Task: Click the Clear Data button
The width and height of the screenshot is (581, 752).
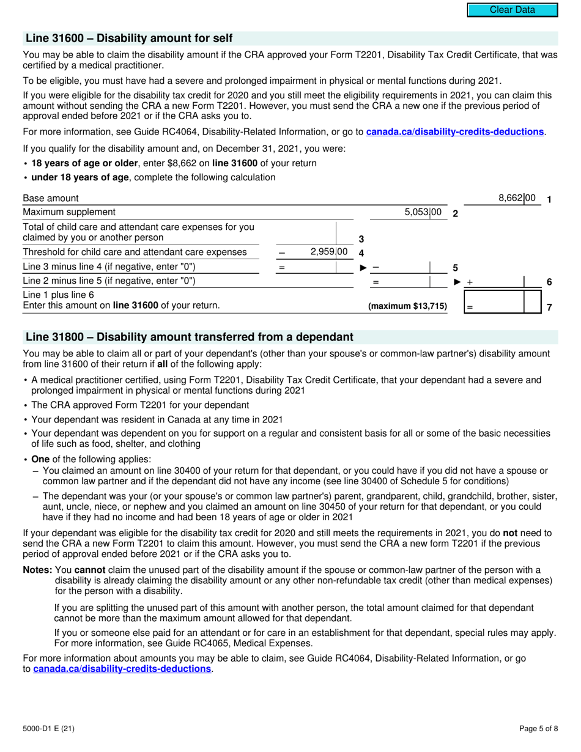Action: point(513,10)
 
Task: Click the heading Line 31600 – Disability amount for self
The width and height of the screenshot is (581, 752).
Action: point(129,39)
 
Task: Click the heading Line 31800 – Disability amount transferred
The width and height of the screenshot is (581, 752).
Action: point(189,337)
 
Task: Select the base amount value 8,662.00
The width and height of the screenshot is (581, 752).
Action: point(517,198)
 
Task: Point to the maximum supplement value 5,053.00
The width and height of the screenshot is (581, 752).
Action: point(423,212)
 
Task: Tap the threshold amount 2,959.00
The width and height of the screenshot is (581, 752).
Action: point(329,251)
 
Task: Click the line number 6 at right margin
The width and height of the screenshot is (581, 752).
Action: point(549,282)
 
